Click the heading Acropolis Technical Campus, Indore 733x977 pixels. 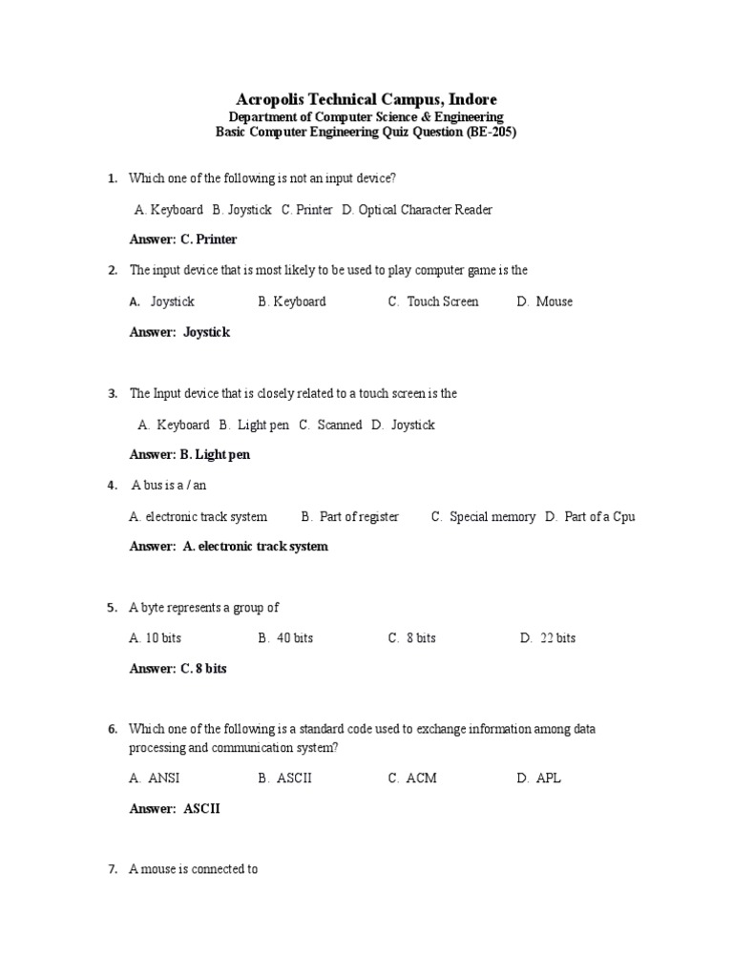pyautogui.click(x=366, y=99)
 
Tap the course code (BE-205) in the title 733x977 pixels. pyautogui.click(x=492, y=133)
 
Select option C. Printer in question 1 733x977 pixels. pyautogui.click(x=306, y=209)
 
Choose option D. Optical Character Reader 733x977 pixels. pyautogui.click(x=417, y=209)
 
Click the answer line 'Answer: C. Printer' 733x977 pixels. pyautogui.click(x=183, y=239)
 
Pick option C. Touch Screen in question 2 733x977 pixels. pyautogui.click(x=433, y=301)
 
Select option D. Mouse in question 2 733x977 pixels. pyautogui.click(x=545, y=301)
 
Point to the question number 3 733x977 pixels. pyautogui.click(x=112, y=393)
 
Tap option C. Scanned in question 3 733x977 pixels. pyautogui.click(x=330, y=425)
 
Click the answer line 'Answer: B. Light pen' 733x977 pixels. pyautogui.click(x=190, y=455)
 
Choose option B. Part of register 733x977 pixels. pyautogui.click(x=350, y=516)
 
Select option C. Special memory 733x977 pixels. pyautogui.click(x=483, y=516)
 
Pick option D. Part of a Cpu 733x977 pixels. pyautogui.click(x=590, y=516)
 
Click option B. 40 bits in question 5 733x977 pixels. pyautogui.click(x=285, y=638)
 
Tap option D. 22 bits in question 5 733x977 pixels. pyautogui.click(x=548, y=638)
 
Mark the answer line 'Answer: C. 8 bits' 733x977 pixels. pyautogui.click(x=178, y=669)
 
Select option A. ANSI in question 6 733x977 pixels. pyautogui.click(x=155, y=778)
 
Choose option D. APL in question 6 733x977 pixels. pyautogui.click(x=539, y=778)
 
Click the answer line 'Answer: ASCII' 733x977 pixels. pyautogui.click(x=175, y=809)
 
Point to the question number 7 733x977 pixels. pyautogui.click(x=112, y=870)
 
